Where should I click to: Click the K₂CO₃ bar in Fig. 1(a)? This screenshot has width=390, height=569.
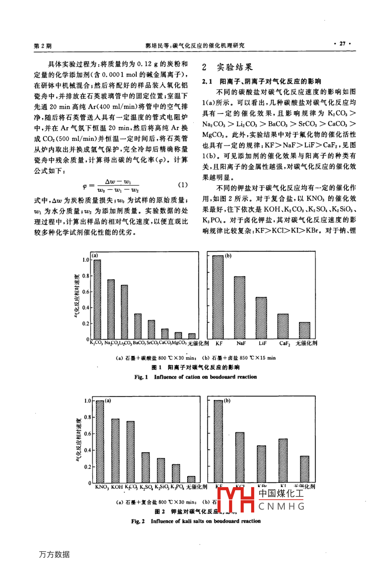point(97,299)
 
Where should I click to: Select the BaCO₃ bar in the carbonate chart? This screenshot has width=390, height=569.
point(138,326)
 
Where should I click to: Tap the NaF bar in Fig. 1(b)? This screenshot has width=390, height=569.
point(239,307)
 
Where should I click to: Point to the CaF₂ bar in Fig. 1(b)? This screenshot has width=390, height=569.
point(283,326)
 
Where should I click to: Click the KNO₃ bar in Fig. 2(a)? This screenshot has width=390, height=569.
point(100,442)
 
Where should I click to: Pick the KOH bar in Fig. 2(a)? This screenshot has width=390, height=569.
point(116,451)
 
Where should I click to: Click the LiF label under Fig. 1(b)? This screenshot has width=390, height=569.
point(262,344)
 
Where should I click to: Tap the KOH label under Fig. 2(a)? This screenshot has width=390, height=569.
point(116,487)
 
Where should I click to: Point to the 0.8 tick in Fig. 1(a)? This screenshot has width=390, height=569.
point(85,276)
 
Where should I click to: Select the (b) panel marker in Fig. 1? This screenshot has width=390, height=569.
point(228,256)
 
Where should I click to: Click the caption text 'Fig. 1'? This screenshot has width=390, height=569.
point(141,377)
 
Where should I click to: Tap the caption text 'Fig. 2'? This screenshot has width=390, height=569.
point(138,521)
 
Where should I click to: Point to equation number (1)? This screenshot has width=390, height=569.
point(183,185)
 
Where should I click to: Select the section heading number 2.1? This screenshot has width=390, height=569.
point(208,81)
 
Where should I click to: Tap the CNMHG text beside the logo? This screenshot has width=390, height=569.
point(281,506)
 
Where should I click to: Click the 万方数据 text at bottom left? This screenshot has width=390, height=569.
point(54,555)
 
